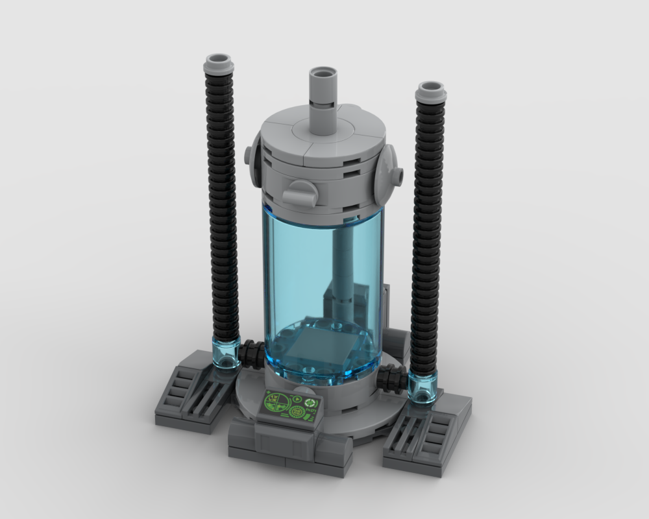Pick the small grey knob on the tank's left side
click(249, 155)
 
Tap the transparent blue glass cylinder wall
click(292, 272)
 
